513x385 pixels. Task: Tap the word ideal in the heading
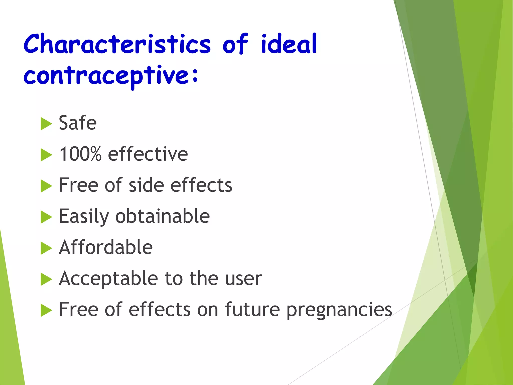289,44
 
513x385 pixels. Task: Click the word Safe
78,123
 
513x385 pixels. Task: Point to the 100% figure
80,154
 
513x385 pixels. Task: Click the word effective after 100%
148,154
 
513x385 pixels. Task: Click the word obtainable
162,216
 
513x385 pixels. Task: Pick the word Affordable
106,247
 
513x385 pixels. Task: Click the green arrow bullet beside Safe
46,124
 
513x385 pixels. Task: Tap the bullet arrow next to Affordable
46,248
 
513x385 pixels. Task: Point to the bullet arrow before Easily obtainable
46,217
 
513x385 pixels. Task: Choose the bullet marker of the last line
46,310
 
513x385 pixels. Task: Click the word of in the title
235,44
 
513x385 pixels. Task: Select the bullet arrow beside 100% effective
46,155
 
